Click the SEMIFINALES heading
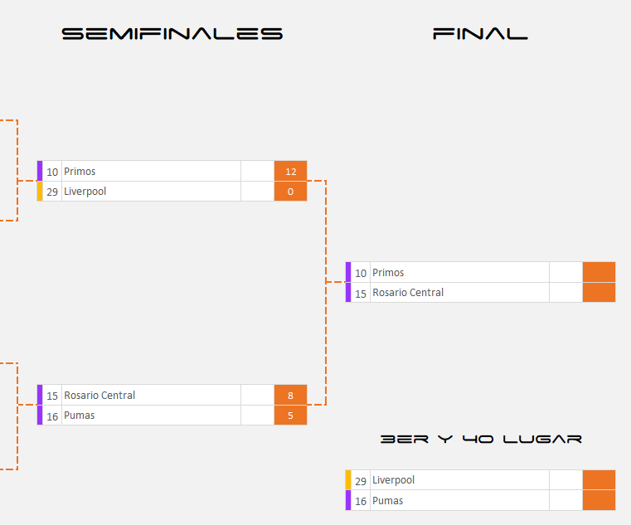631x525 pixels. point(172,34)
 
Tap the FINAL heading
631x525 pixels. point(480,34)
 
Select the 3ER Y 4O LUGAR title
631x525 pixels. point(481,439)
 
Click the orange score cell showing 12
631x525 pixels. point(290,172)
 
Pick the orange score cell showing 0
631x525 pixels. point(290,192)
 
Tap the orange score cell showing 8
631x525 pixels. point(290,396)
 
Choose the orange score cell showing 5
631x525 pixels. point(290,416)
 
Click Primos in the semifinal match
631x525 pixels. point(80,172)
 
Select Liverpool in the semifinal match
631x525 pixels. point(85,192)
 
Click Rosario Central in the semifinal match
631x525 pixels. point(100,396)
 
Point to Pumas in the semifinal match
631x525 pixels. point(80,416)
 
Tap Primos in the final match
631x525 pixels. point(388,273)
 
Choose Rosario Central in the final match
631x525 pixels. point(408,293)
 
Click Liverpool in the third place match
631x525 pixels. point(393,480)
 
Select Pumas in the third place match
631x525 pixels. point(388,501)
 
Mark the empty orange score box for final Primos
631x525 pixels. point(599,273)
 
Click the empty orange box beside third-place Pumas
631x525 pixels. point(599,501)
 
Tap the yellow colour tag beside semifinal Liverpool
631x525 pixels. point(40,192)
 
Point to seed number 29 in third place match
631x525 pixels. point(361,480)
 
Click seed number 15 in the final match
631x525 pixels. point(361,293)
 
